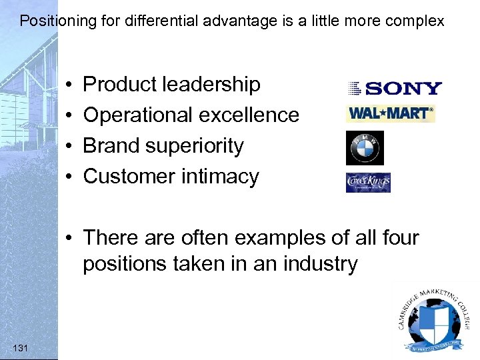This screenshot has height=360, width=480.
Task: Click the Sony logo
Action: coord(394,88)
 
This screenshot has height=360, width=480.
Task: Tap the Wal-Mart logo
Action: coord(390,114)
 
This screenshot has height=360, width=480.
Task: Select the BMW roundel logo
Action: coord(365,148)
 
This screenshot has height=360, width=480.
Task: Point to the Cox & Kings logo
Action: coord(368,182)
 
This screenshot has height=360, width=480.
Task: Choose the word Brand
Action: coord(109,146)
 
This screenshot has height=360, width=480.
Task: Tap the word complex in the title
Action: coord(418,21)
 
